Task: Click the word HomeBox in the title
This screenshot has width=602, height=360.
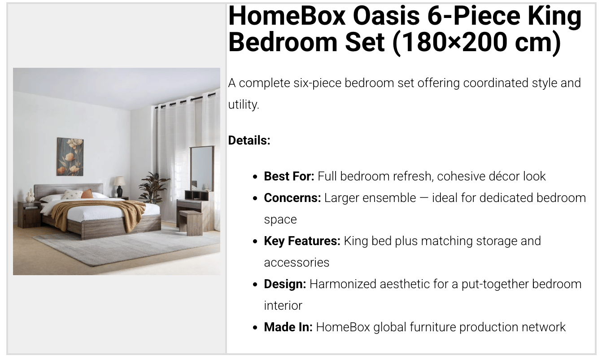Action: click(x=287, y=16)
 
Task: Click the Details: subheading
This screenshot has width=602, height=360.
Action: click(x=249, y=140)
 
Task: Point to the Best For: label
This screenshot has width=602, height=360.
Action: click(x=289, y=176)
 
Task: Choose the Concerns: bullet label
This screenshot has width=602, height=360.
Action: click(x=292, y=198)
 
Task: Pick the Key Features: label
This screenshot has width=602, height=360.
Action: click(x=302, y=241)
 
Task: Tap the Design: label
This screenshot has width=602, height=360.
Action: click(x=285, y=284)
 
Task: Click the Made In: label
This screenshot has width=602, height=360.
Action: click(x=288, y=327)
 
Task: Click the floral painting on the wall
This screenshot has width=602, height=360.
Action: click(x=70, y=157)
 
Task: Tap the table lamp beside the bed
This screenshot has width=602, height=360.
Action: click(x=119, y=187)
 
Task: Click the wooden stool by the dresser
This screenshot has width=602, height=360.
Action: click(x=191, y=222)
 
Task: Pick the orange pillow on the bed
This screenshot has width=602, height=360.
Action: click(x=87, y=193)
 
